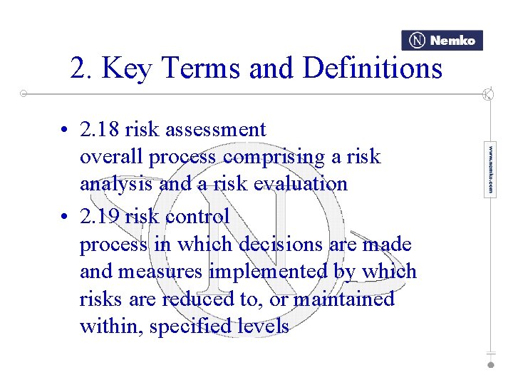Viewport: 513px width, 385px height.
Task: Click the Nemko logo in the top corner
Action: [442, 41]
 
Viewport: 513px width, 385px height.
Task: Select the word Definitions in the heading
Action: [373, 68]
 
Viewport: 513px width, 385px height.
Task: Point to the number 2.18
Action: [100, 130]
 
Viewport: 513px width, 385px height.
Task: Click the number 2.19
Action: [100, 216]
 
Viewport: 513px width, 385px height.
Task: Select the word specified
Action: [189, 327]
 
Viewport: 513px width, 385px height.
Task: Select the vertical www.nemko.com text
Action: [489, 170]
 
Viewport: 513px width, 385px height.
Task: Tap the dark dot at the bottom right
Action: [490, 364]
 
